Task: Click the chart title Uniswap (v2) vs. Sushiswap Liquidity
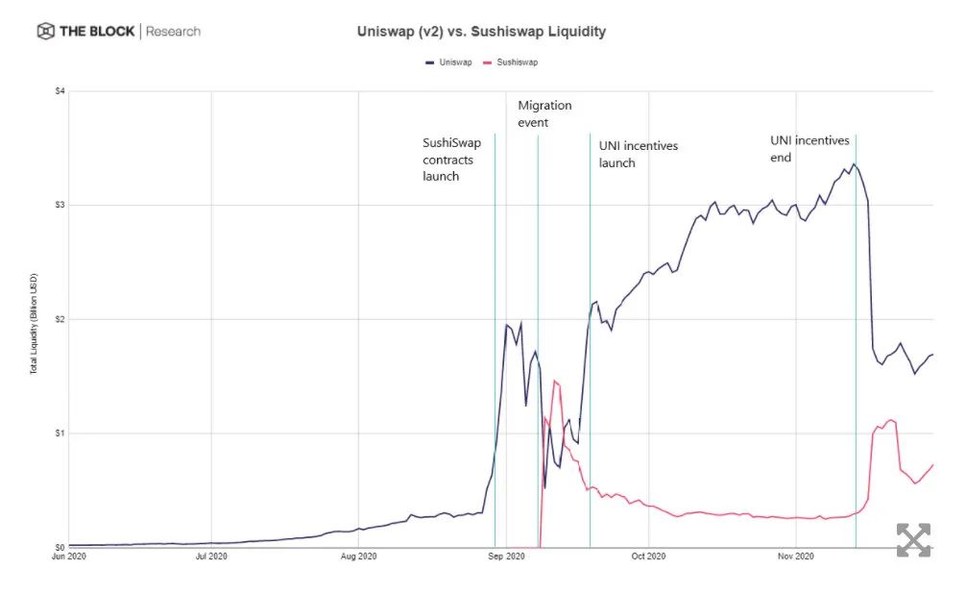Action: click(x=481, y=32)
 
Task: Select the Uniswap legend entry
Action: click(x=449, y=62)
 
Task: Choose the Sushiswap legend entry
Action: click(x=514, y=62)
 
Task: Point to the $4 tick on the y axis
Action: click(x=60, y=91)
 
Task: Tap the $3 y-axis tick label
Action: click(x=60, y=205)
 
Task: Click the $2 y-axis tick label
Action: click(x=60, y=319)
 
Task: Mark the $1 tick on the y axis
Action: click(x=60, y=433)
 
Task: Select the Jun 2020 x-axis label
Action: click(x=69, y=557)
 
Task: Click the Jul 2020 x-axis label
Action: click(x=211, y=557)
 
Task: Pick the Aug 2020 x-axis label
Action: click(x=358, y=557)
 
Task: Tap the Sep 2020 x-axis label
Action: click(x=506, y=557)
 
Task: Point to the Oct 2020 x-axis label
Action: click(x=648, y=557)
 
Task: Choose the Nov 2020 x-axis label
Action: click(x=795, y=557)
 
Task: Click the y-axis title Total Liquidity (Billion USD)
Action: click(x=34, y=319)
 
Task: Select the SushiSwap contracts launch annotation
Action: click(x=451, y=160)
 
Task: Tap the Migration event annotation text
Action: click(x=544, y=113)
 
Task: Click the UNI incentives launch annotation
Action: click(x=638, y=154)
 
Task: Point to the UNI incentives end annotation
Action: click(x=809, y=148)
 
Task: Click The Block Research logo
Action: click(x=119, y=32)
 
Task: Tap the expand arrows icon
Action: click(x=913, y=540)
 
